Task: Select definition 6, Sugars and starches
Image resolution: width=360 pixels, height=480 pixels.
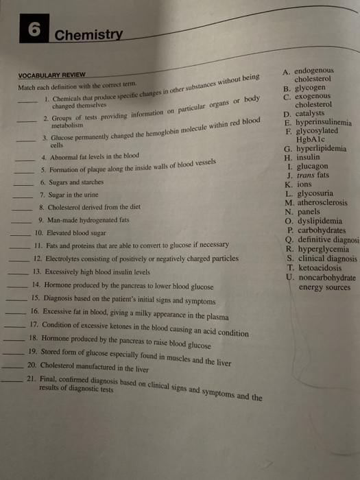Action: click(77, 183)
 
